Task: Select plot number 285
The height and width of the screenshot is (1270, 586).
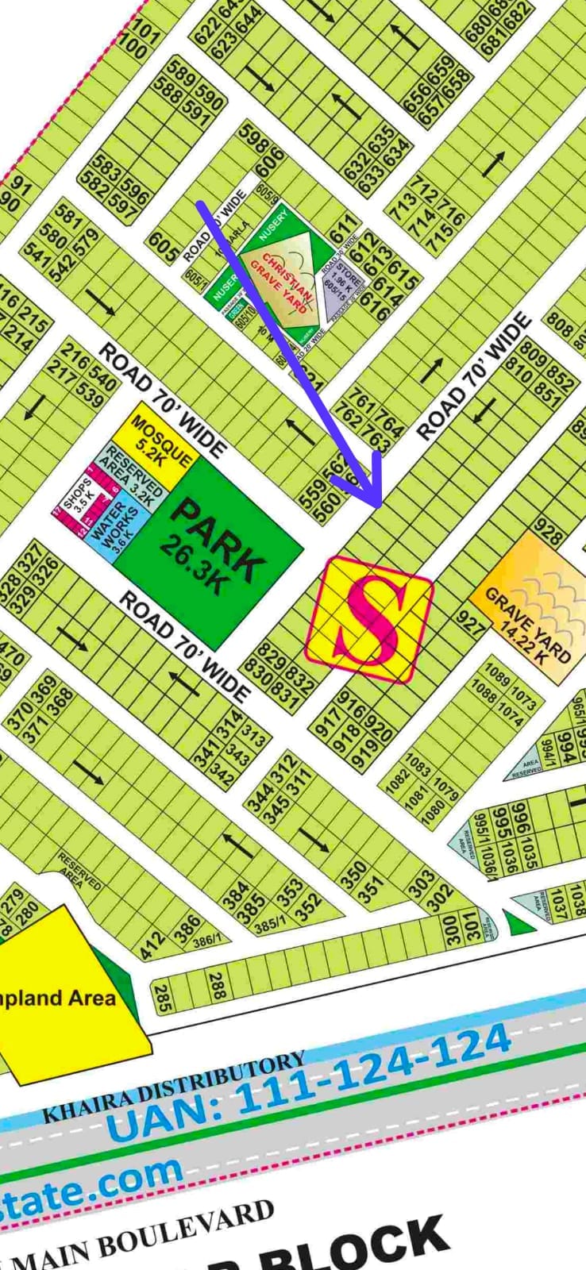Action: (162, 997)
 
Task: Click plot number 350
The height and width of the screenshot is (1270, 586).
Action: (355, 877)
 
